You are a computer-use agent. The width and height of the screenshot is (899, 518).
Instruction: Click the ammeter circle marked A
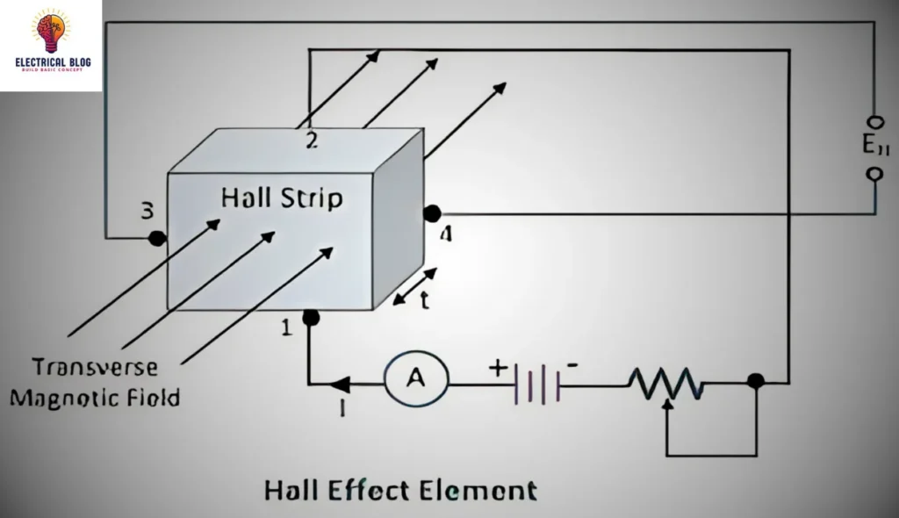tap(416, 379)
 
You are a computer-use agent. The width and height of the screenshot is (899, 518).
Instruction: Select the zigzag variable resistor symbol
tap(666, 382)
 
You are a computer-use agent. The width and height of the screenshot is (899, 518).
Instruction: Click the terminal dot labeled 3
tap(157, 238)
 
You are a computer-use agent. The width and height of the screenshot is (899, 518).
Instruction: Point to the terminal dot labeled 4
tap(432, 213)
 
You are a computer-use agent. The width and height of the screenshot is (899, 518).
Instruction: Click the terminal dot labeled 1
tap(310, 317)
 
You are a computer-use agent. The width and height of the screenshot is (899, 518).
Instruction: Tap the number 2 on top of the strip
tap(312, 140)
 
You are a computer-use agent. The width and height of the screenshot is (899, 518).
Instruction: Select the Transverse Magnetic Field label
tap(95, 382)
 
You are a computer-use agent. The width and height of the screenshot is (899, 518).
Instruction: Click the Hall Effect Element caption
tap(399, 489)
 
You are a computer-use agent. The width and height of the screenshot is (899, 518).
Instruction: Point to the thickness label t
tap(424, 301)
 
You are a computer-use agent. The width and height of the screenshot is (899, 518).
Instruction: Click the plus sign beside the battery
tap(498, 368)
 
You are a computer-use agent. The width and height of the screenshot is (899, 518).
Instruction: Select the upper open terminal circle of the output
tap(874, 122)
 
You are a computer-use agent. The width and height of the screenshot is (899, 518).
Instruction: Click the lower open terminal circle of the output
tap(874, 174)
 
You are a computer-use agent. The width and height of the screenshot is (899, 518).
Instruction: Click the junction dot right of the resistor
tap(755, 381)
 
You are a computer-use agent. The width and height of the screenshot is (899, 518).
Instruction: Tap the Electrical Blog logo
tap(51, 44)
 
